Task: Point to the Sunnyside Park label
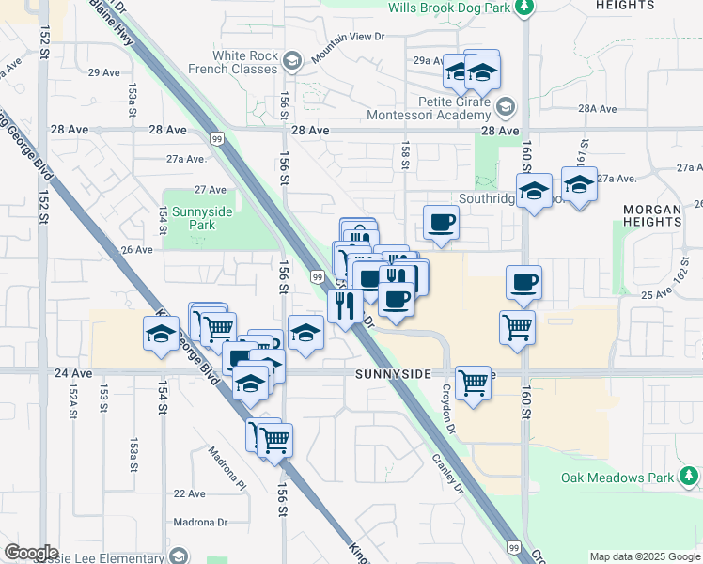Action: pyautogui.click(x=197, y=218)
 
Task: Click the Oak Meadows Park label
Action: pyautogui.click(x=617, y=478)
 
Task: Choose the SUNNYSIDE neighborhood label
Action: pyautogui.click(x=393, y=373)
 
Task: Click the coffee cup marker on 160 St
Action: pyautogui.click(x=523, y=281)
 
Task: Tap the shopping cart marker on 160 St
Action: pyautogui.click(x=518, y=327)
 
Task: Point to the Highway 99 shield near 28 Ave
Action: pyautogui.click(x=217, y=139)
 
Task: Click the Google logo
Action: pyautogui.click(x=30, y=552)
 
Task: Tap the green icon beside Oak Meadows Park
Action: pyautogui.click(x=689, y=478)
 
